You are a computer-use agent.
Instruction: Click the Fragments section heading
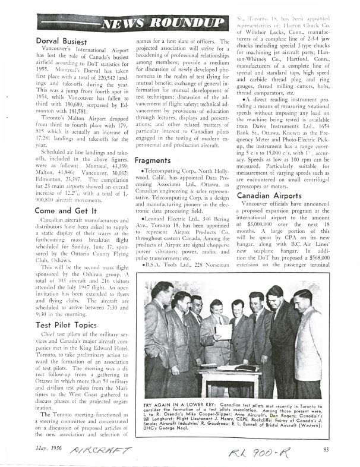pyautogui.click(x=154, y=160)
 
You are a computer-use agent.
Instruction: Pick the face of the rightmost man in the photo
pyautogui.click(x=301, y=299)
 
